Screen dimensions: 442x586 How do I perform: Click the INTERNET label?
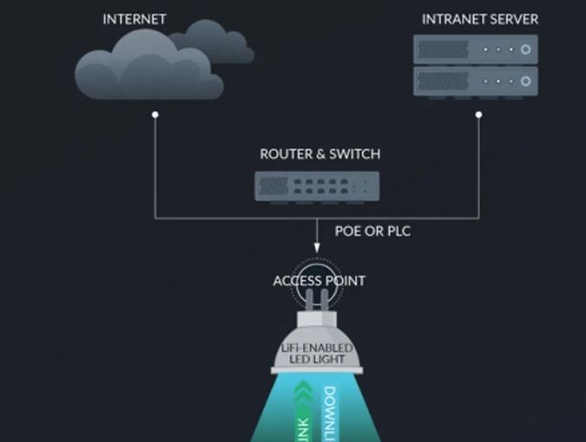tap(135, 19)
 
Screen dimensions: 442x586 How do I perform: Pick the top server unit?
tap(475, 49)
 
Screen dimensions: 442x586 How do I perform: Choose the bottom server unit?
tap(475, 82)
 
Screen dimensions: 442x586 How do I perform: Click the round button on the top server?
tap(525, 49)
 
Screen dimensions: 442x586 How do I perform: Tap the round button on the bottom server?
tap(525, 82)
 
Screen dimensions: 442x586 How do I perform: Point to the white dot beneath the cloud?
tap(155, 114)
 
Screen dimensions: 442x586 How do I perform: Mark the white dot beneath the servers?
tap(478, 114)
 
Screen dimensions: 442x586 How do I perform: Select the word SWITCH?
tap(356, 155)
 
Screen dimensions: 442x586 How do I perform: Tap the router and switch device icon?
tap(317, 185)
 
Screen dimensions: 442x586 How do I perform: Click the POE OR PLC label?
tap(372, 232)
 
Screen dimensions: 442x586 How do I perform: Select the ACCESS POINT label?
tap(319, 280)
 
